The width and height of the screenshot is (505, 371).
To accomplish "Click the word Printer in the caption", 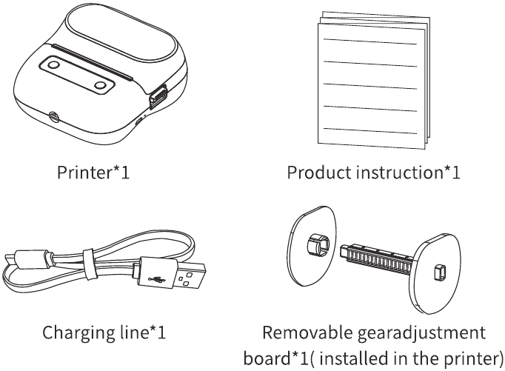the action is click(x=84, y=173).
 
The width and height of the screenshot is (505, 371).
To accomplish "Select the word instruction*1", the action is click(x=409, y=173).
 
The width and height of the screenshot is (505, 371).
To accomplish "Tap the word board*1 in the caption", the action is click(x=276, y=358).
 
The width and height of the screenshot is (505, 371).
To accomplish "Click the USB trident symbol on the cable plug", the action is click(x=156, y=279).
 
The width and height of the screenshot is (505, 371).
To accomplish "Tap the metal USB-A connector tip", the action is click(x=190, y=276).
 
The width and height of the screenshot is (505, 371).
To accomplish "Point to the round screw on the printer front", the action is click(x=53, y=117).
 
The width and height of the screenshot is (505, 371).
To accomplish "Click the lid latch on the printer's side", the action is click(x=158, y=96).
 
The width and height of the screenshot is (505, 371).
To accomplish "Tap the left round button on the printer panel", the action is click(x=53, y=65).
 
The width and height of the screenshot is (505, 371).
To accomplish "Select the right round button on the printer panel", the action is click(x=101, y=85).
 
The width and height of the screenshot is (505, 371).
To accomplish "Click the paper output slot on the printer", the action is click(x=92, y=61).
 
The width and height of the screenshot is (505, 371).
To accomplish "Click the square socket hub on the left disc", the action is click(x=317, y=245).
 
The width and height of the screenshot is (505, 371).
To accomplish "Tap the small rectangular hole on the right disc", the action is click(x=441, y=271).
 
